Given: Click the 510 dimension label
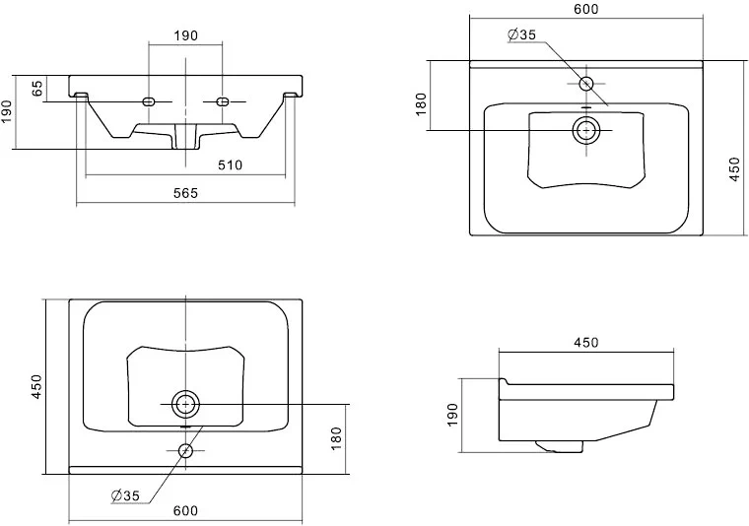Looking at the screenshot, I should [x=230, y=164].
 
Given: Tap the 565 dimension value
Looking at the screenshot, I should [x=186, y=193].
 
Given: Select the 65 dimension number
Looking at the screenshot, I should [x=38, y=88].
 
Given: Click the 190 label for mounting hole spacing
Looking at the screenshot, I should [x=186, y=35].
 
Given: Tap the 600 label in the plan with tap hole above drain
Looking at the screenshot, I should [x=586, y=9].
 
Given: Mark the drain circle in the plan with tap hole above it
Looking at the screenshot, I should [x=586, y=129].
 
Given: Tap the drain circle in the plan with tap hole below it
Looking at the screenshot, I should [x=185, y=403].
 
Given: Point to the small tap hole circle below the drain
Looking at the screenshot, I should [x=185, y=450].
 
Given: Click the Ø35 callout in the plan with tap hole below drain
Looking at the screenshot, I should [x=124, y=494].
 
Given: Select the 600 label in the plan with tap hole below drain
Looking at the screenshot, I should [x=186, y=510].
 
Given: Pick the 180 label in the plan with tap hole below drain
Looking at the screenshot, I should [x=335, y=435].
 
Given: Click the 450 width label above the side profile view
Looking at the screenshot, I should [x=586, y=343].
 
